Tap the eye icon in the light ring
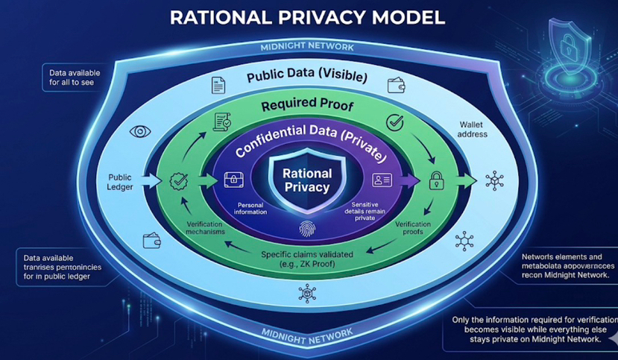139,132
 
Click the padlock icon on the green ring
436,179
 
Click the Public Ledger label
122,181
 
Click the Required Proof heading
306,105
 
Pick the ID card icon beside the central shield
382,179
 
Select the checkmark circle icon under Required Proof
394,122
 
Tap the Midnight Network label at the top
307,48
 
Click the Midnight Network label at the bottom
307,331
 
